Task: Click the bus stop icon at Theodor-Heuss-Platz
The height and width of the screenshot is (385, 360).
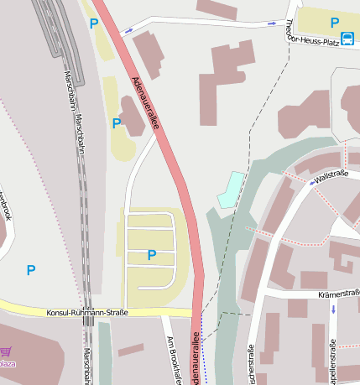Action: [347, 37]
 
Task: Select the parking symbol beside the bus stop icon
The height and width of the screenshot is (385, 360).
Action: [334, 23]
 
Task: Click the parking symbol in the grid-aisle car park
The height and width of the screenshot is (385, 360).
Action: [152, 255]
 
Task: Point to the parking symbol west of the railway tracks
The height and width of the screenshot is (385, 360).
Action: [31, 270]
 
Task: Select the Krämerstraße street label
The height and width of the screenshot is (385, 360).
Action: [339, 294]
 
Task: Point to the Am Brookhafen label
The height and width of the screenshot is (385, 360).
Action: [175, 356]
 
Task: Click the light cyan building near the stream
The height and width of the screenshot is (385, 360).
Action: [230, 190]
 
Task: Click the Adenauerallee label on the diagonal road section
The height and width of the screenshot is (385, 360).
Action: [146, 102]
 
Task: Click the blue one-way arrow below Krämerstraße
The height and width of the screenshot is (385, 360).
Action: [332, 309]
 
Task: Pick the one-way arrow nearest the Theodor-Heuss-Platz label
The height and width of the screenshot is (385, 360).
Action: [271, 23]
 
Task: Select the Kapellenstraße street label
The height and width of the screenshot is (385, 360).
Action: [333, 359]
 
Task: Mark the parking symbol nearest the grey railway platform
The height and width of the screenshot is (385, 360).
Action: [94, 23]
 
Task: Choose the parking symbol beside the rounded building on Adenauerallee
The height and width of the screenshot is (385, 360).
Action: [117, 123]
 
